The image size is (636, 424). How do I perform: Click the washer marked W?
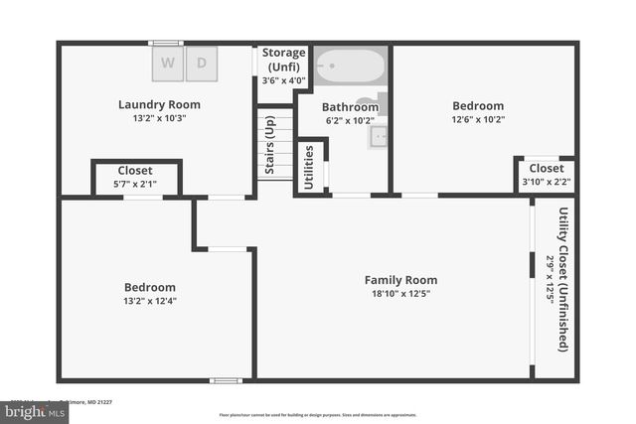tap(167, 64)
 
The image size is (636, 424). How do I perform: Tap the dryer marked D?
tap(202, 64)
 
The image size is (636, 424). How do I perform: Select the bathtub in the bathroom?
tap(350, 67)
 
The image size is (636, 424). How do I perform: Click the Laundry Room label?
tap(159, 104)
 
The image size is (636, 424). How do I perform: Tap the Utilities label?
tap(309, 167)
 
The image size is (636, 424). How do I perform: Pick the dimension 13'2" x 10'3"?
tap(159, 118)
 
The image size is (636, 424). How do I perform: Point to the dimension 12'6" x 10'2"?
tap(478, 120)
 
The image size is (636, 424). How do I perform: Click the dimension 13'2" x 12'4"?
tap(150, 301)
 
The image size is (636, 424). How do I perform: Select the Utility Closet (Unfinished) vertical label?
tap(563, 279)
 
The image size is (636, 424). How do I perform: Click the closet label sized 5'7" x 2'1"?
tap(135, 171)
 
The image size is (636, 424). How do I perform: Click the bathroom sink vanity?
tap(379, 136)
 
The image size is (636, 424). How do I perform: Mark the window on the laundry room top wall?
tap(166, 43)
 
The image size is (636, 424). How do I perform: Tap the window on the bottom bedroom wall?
tap(226, 380)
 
